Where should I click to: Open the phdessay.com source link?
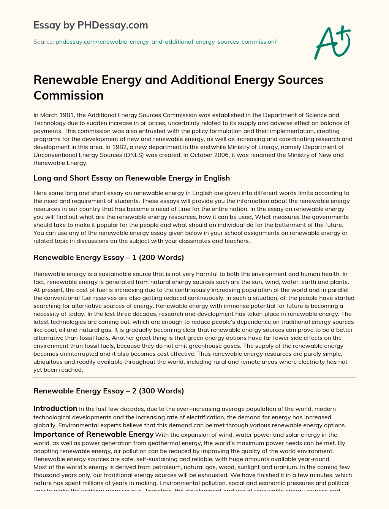click(x=166, y=42)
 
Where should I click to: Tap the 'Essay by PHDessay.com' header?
click(x=91, y=25)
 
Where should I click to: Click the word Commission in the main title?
click(x=68, y=95)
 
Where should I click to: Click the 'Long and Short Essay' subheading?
click(x=131, y=178)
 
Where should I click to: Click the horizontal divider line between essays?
click(x=194, y=377)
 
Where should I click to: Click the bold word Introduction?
click(x=55, y=409)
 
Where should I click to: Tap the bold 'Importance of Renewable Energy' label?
click(x=93, y=434)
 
